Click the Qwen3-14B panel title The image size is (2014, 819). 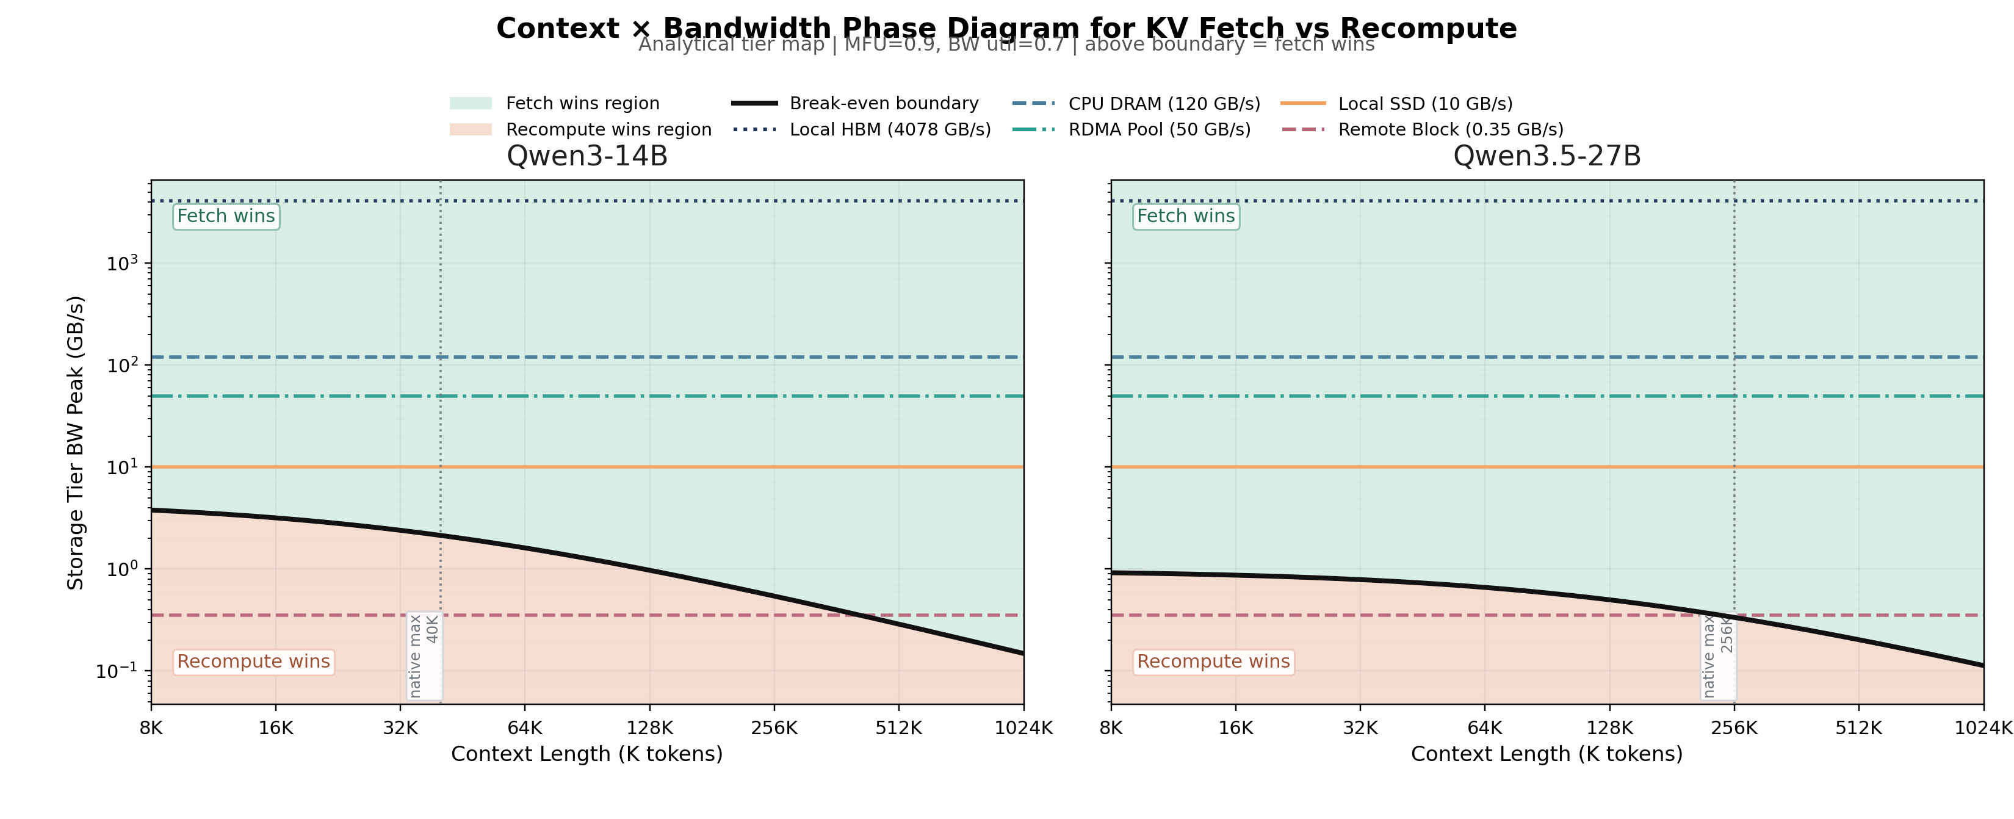pyautogui.click(x=587, y=156)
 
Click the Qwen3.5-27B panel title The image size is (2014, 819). pyautogui.click(x=1547, y=156)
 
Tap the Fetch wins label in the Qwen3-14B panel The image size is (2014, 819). pyautogui.click(x=226, y=217)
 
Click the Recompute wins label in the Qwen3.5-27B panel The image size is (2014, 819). pyautogui.click(x=1213, y=662)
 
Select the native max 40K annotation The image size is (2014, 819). pyautogui.click(x=424, y=655)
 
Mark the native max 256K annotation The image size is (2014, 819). pyautogui.click(x=1719, y=655)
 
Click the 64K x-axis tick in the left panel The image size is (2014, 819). pyautogui.click(x=525, y=728)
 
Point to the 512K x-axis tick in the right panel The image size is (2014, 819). pyautogui.click(x=1858, y=728)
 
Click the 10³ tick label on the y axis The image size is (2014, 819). pyautogui.click(x=121, y=264)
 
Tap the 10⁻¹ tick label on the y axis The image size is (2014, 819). pyautogui.click(x=116, y=671)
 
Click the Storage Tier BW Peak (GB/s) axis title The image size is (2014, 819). pyautogui.click(x=75, y=442)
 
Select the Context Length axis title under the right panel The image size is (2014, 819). pyautogui.click(x=1547, y=754)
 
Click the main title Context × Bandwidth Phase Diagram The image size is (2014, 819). pyautogui.click(x=1006, y=28)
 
